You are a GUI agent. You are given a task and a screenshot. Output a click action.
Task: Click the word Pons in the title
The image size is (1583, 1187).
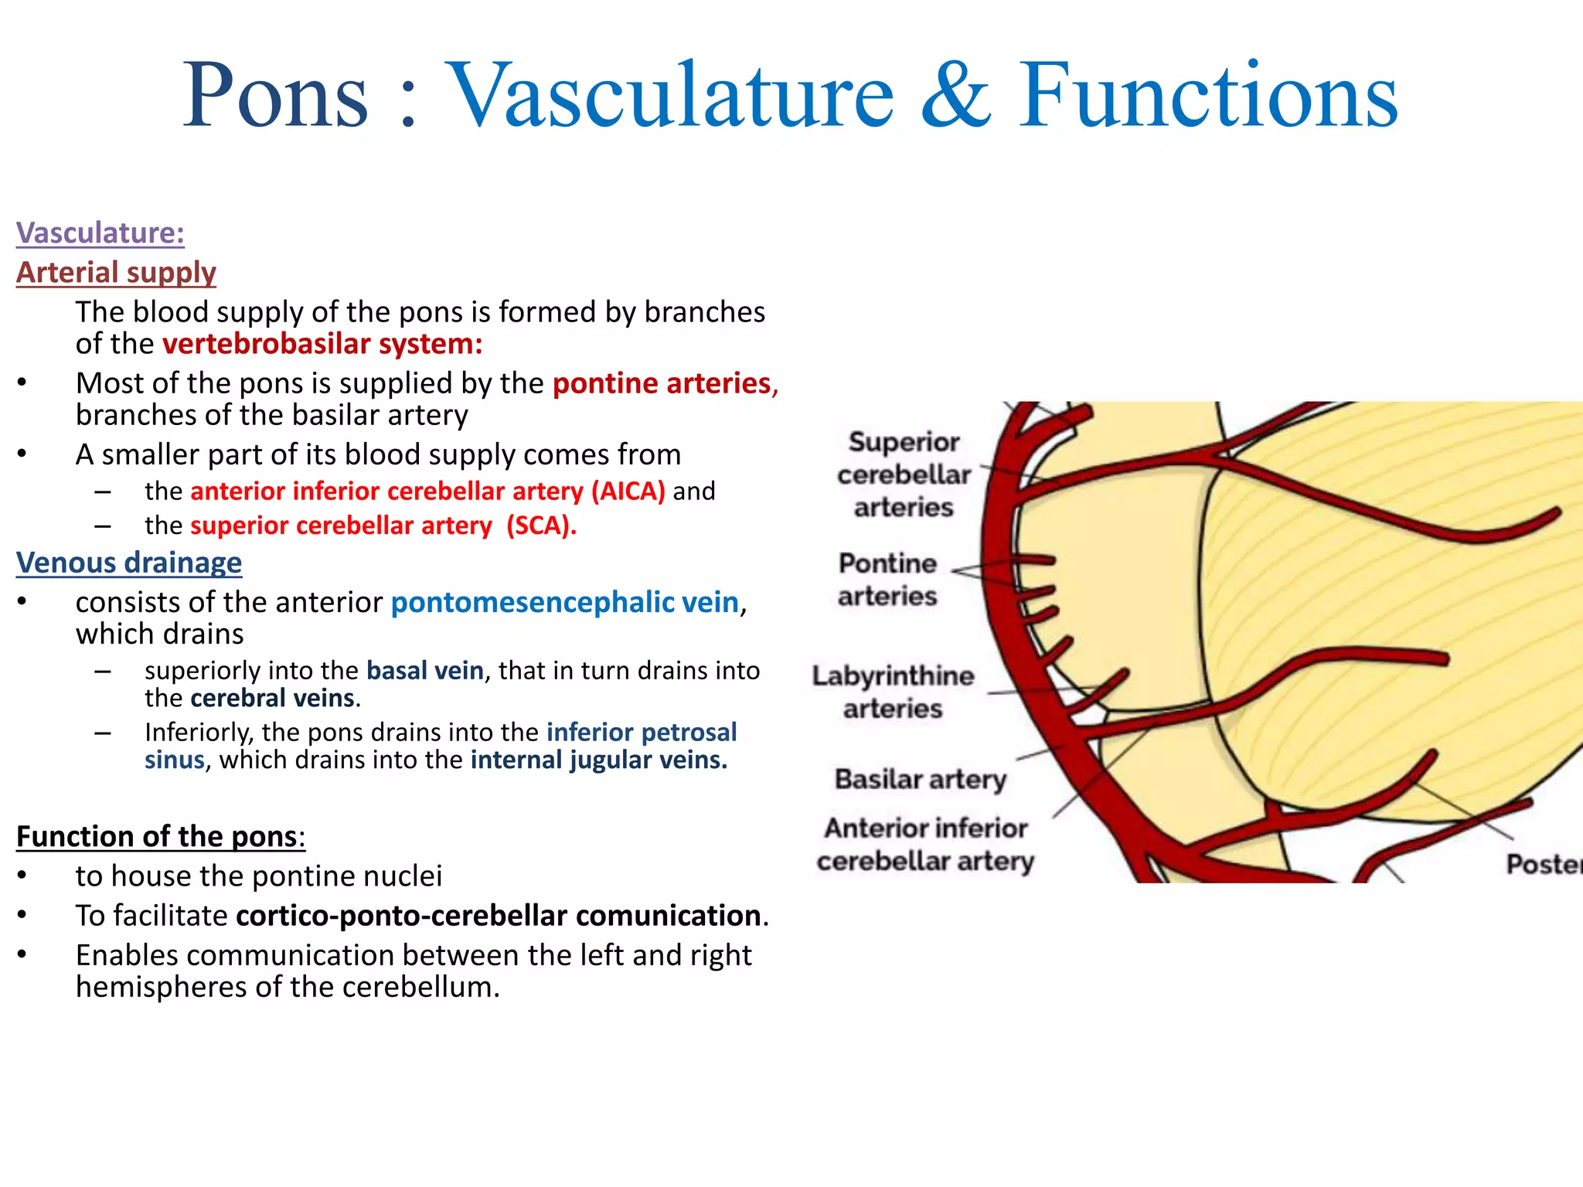[x=275, y=96]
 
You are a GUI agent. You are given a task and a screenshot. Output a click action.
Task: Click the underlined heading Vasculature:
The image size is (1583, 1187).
[x=100, y=233]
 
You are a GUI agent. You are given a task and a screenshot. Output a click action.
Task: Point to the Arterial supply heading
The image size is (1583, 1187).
[x=116, y=272]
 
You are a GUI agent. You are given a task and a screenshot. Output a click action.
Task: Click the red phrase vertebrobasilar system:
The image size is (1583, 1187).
[x=322, y=344]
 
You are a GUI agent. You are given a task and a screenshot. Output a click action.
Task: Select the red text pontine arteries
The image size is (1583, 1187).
[x=662, y=383]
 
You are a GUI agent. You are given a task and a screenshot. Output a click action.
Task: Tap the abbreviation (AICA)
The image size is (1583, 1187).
[x=628, y=491]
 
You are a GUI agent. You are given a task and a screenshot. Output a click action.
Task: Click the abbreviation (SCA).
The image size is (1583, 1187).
[x=541, y=525]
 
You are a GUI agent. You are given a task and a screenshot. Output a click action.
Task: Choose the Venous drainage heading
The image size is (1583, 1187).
[x=129, y=563]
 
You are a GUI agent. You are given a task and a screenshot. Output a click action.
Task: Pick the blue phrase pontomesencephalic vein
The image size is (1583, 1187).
[x=565, y=602]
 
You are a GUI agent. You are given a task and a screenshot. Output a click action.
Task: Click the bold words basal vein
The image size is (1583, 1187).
[x=425, y=670]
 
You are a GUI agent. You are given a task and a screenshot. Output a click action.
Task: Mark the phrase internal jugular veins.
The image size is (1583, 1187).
[x=599, y=760]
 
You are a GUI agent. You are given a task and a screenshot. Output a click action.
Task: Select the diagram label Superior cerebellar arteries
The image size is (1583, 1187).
[x=904, y=474]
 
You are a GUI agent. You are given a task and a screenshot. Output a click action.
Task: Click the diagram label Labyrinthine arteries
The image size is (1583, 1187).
[x=893, y=692]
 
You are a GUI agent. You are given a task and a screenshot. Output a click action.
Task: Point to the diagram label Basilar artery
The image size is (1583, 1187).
[x=921, y=779]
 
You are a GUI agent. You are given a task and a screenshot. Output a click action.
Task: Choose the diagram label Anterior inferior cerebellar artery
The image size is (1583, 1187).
[x=925, y=844]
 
